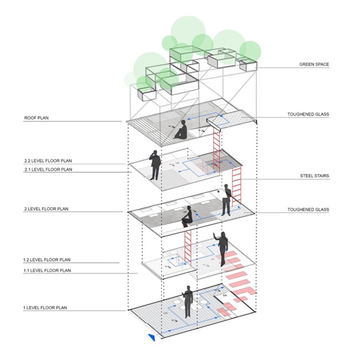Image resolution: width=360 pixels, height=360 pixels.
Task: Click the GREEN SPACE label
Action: [x=314, y=65]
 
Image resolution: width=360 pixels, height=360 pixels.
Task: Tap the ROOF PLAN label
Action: [x=37, y=118]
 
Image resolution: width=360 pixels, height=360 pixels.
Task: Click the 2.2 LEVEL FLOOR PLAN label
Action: [x=47, y=161]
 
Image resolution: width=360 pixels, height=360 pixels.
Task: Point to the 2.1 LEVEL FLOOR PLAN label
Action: [x=47, y=168]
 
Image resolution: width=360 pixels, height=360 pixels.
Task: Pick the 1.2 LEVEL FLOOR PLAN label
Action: [x=47, y=259]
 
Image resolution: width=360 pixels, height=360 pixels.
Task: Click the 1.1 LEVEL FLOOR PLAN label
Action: [x=47, y=270]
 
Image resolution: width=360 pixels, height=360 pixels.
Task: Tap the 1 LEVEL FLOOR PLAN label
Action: [x=45, y=306]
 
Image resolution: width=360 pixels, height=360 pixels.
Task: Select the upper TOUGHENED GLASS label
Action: [x=308, y=115]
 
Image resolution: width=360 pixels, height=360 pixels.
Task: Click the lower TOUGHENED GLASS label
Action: [x=308, y=209]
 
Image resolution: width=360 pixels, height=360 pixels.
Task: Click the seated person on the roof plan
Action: [x=181, y=131]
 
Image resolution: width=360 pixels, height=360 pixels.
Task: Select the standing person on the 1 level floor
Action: [x=188, y=301]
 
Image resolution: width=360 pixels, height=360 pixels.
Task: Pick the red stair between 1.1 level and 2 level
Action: [x=188, y=244]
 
